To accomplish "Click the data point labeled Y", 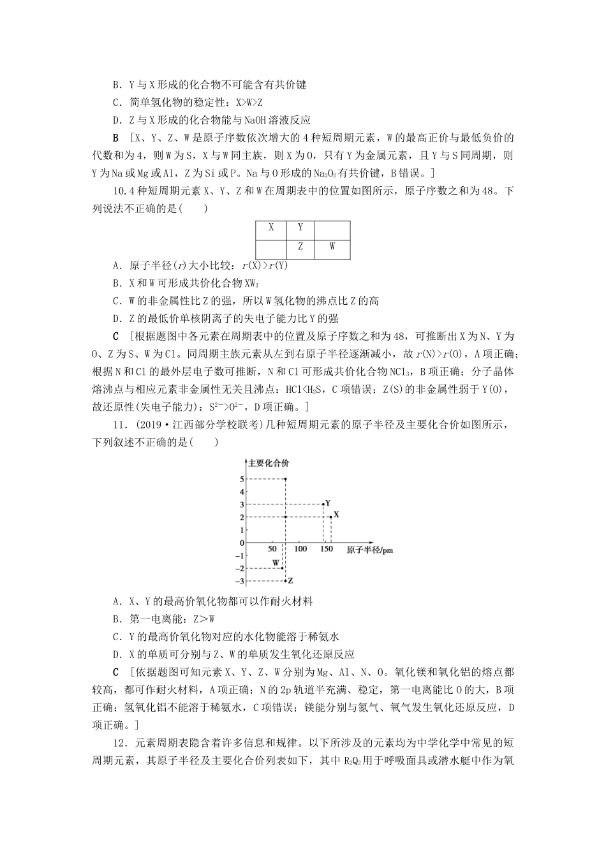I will (x=323, y=504).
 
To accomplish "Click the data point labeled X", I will (x=330, y=516).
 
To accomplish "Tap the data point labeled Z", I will (x=285, y=581).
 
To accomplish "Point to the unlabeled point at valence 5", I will (x=285, y=479).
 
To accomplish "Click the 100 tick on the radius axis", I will (x=300, y=549).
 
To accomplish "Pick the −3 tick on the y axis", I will (x=240, y=581).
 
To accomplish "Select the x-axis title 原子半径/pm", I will (x=369, y=550).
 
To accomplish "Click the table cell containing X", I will (x=270, y=228).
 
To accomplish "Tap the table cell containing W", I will (x=332, y=247).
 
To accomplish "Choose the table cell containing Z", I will (x=301, y=247).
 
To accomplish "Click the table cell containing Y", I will (x=301, y=228).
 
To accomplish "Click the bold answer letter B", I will (x=115, y=138).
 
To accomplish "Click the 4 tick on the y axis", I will (x=242, y=492).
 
